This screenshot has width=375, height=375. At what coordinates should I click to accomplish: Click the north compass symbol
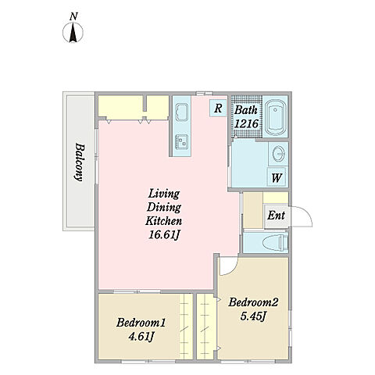point(73,33)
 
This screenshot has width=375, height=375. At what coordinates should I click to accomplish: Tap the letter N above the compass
point(73,17)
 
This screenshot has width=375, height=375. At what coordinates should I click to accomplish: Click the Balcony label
point(79,162)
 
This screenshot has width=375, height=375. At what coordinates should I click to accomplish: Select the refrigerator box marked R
point(218,109)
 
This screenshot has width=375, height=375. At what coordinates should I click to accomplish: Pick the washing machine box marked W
point(277,177)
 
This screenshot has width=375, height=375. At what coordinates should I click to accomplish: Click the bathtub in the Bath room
point(275,116)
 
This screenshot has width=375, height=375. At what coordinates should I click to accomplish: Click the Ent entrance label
point(276,216)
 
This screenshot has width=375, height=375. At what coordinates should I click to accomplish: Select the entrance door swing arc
point(307,213)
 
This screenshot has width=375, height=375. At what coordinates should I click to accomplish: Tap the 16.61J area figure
point(164,235)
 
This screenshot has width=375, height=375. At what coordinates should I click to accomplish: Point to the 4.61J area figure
point(140,337)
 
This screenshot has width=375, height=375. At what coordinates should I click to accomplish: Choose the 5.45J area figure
point(253,316)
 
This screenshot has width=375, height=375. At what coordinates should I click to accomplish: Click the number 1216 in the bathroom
point(246,123)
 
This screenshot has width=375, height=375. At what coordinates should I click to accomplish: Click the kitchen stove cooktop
point(182,142)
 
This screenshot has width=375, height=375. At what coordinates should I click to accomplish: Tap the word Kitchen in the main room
point(164,221)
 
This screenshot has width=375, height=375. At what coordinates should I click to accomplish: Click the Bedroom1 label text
point(141,323)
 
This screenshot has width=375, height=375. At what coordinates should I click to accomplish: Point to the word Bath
point(246,110)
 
